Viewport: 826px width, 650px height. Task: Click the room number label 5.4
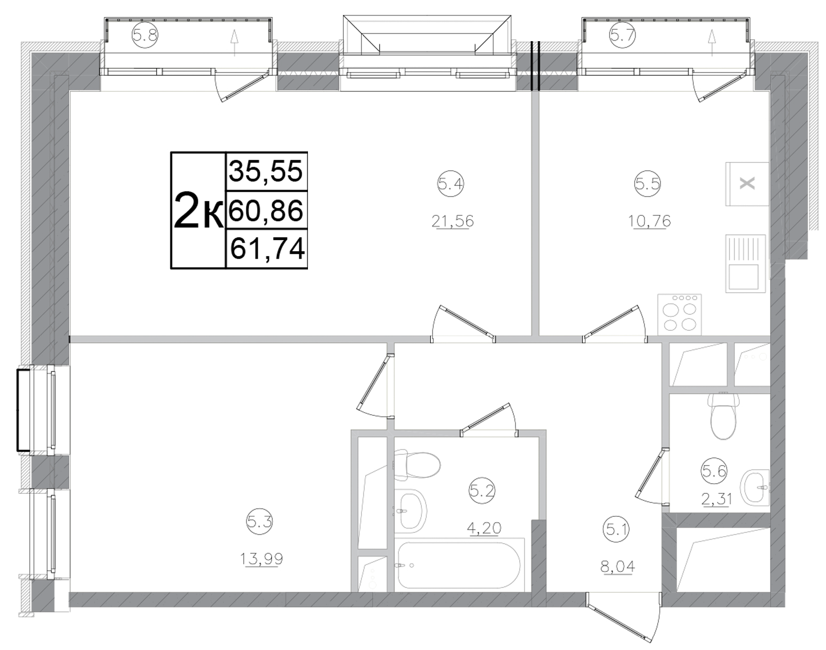point(450,185)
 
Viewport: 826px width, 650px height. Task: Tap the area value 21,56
point(452,220)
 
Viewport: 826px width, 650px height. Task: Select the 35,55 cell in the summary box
point(266,172)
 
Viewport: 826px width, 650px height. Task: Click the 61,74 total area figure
point(267,249)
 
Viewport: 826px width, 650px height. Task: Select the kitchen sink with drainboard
point(745,264)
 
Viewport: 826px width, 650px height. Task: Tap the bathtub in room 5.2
point(458,566)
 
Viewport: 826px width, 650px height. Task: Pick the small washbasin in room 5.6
point(755,487)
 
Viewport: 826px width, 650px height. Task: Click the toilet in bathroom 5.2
point(417,465)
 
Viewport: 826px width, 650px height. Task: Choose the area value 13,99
point(261,559)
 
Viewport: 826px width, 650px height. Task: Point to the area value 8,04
point(618,566)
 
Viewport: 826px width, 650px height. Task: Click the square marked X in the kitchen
point(747,184)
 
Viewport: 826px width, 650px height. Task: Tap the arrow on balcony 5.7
point(712,42)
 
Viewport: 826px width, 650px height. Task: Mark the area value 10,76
point(650,220)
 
